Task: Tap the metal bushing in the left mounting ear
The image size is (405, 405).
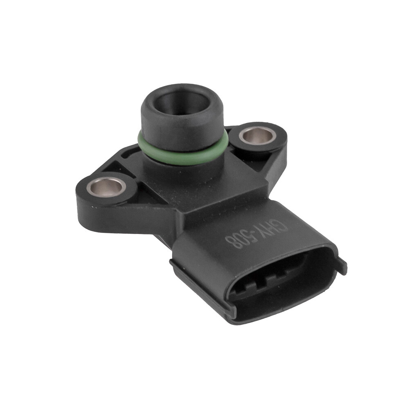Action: tap(106, 188)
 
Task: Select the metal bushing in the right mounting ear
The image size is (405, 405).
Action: tap(258, 135)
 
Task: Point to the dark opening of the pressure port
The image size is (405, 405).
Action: tap(182, 102)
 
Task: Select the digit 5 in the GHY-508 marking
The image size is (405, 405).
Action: tap(250, 238)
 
